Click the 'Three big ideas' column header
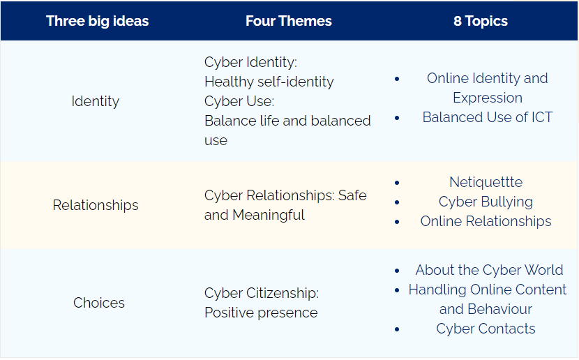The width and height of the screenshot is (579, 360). tap(98, 22)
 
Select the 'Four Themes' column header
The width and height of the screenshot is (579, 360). tap(289, 21)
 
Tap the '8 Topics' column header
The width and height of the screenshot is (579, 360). tap(481, 22)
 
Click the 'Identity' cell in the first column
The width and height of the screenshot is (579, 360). tap(96, 101)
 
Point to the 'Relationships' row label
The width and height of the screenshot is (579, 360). tap(96, 205)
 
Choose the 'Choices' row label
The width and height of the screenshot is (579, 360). tap(99, 302)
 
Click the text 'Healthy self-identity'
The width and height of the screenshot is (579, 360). tap(269, 82)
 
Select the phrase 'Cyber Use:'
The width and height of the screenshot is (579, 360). tap(239, 101)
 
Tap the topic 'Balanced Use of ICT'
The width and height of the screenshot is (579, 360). tap(488, 117)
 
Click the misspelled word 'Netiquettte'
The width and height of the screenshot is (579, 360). tap(486, 182)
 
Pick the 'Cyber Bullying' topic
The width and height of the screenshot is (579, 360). tap(486, 202)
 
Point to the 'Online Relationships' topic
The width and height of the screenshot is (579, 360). tap(486, 221)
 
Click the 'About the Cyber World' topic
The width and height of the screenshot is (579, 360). tap(489, 270)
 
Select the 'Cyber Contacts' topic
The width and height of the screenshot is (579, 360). tap(486, 329)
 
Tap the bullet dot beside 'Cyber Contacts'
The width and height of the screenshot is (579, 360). tap(397, 329)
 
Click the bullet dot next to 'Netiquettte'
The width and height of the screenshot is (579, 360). tap(397, 182)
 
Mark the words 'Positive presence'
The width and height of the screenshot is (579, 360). tap(261, 313)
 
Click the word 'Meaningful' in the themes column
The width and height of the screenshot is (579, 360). tap(269, 215)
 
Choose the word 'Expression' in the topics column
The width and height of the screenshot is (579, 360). tap(488, 98)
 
